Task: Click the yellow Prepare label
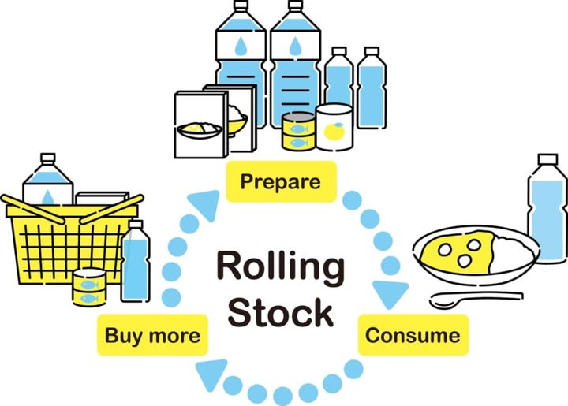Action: tap(280, 181)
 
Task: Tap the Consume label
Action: tap(412, 335)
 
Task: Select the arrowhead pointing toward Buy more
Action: tap(211, 374)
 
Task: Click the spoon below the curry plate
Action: tap(473, 298)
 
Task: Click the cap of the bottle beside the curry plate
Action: tap(546, 161)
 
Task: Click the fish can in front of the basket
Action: tap(89, 287)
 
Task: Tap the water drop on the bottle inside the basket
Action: tap(47, 196)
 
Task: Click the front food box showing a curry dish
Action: tap(197, 126)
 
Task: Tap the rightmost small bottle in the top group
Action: tap(371, 87)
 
